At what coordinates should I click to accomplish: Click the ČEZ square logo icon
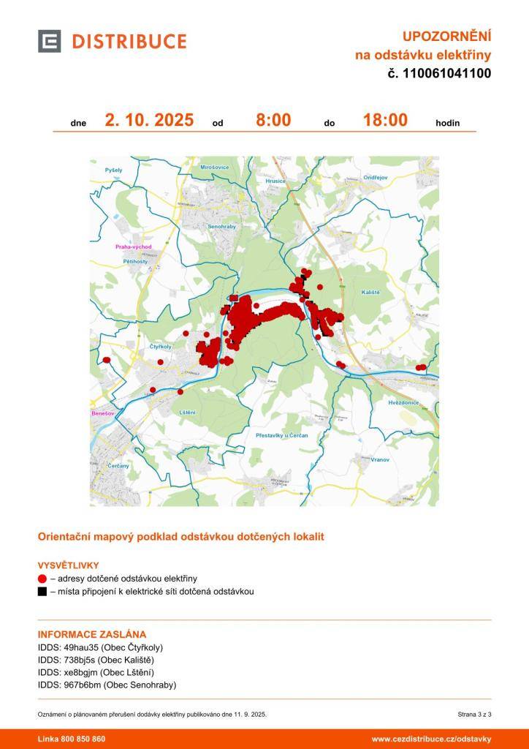click(49, 41)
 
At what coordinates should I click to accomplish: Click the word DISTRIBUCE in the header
click(129, 42)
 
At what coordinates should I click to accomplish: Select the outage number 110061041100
click(446, 73)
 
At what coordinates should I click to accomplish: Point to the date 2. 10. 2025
click(149, 120)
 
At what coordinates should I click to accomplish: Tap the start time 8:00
click(273, 120)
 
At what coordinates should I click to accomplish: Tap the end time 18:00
click(385, 120)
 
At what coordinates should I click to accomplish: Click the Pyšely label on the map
click(114, 170)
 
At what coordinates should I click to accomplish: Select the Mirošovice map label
click(214, 168)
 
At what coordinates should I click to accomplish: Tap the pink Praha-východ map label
click(132, 247)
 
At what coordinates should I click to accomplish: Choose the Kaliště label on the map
click(371, 292)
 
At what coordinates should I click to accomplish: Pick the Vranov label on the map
click(379, 459)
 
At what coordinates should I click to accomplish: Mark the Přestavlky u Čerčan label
click(282, 435)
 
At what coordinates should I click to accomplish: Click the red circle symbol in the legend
click(42, 579)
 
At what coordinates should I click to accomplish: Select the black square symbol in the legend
click(42, 591)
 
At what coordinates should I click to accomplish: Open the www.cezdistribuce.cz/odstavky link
click(431, 739)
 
